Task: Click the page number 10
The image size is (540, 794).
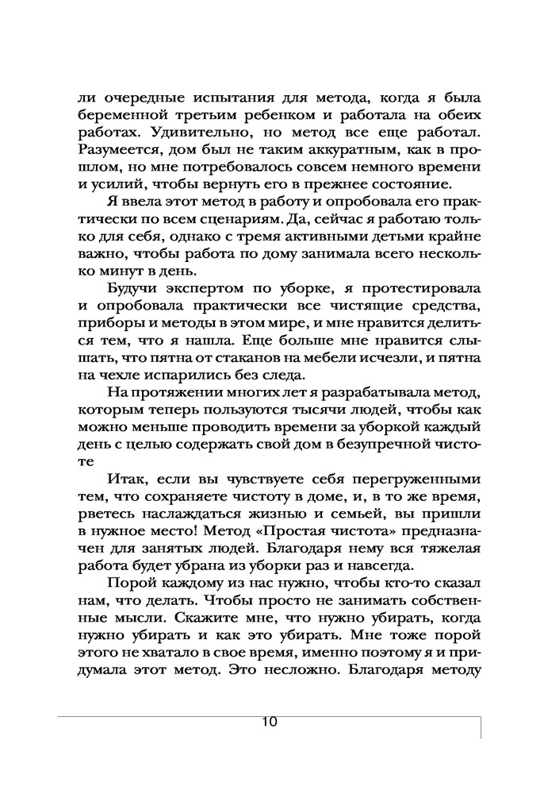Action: pyautogui.click(x=267, y=722)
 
